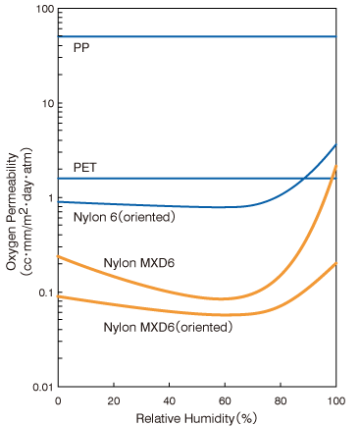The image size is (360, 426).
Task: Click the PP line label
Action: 81,47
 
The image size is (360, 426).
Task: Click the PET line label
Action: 84,168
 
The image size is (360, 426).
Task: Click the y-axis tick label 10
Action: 43,103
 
